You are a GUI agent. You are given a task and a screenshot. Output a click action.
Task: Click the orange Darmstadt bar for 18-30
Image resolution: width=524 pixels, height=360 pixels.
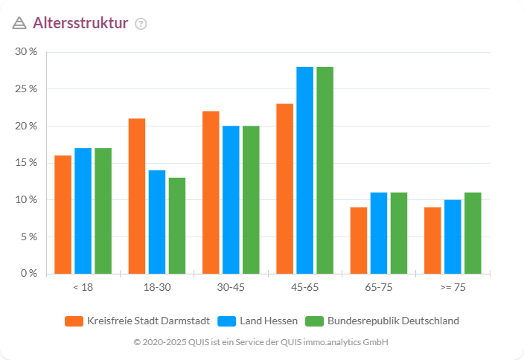coord(137,196)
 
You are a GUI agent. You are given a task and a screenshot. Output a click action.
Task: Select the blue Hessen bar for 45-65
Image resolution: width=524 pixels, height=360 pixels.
coord(304,170)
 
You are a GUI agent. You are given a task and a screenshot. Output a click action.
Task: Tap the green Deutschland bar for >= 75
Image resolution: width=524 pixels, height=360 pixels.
coord(473,233)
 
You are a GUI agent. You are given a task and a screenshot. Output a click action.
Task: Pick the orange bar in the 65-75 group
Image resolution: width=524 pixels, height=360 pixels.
coord(359,240)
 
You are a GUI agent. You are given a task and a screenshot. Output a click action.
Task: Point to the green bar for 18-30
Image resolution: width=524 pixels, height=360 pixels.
coord(176,225)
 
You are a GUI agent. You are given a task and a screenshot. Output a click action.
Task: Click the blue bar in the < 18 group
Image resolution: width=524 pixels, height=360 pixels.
coord(83,210)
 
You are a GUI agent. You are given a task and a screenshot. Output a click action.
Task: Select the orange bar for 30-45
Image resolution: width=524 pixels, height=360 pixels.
coord(211,192)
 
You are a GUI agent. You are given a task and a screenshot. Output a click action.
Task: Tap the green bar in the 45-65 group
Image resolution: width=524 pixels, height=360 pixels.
coord(325,170)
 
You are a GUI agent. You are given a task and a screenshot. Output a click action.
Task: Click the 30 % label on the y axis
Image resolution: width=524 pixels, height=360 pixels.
coord(27,52)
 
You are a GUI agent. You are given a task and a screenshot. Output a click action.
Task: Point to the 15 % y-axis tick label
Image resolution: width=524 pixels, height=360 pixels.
coord(27,163)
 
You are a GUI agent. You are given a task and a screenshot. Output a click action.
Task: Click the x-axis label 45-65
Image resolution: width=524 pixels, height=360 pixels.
coord(304,287)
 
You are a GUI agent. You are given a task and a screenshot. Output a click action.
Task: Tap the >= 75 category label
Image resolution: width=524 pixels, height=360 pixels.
coord(453,287)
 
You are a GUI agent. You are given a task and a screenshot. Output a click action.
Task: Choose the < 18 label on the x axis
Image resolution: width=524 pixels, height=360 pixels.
coord(83,287)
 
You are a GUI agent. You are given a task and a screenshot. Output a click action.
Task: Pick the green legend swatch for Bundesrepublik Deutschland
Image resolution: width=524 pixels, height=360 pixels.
coord(315,321)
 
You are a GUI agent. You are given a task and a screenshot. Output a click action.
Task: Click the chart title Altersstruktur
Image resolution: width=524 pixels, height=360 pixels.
coord(80,22)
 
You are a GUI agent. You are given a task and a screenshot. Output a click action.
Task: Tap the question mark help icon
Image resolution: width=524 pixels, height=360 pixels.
coord(141,23)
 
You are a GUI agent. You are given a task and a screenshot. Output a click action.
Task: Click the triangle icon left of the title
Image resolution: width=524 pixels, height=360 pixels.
coord(19,23)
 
